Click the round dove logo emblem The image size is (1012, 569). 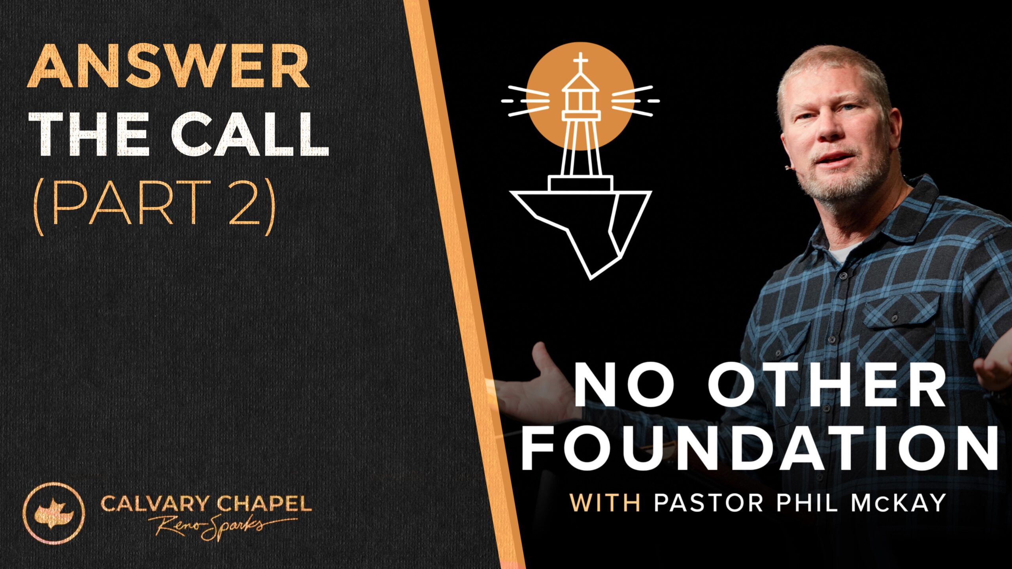tap(54, 513)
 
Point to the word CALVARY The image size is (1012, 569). tap(155, 504)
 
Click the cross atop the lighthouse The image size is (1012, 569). tap(580, 63)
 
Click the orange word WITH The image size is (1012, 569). tap(605, 503)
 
